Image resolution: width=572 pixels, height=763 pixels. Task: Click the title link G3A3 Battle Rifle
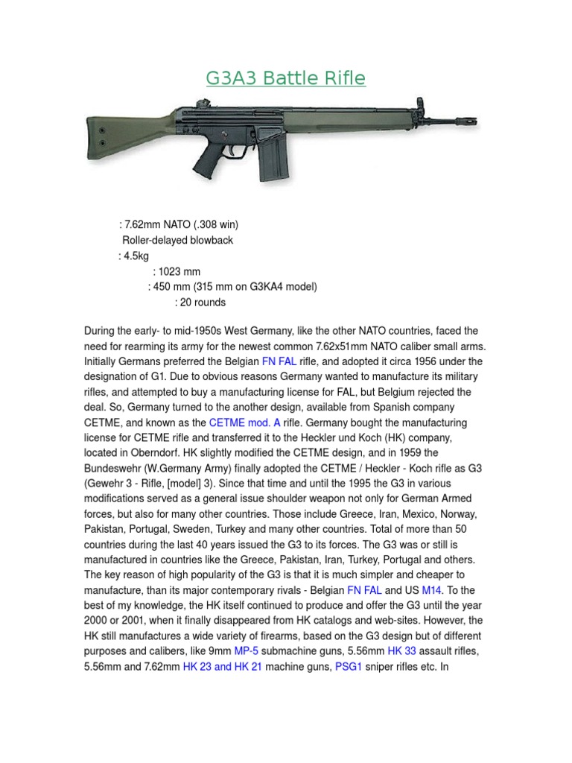286,78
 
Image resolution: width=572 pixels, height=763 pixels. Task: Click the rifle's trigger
233,148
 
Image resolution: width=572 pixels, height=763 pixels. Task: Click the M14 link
432,589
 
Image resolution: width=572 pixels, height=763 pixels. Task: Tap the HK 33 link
402,650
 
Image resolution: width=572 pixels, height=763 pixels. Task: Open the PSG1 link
350,667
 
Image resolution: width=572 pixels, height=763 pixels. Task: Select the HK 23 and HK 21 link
223,667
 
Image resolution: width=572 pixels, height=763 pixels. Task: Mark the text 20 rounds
203,303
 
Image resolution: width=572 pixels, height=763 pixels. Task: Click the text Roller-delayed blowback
177,240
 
